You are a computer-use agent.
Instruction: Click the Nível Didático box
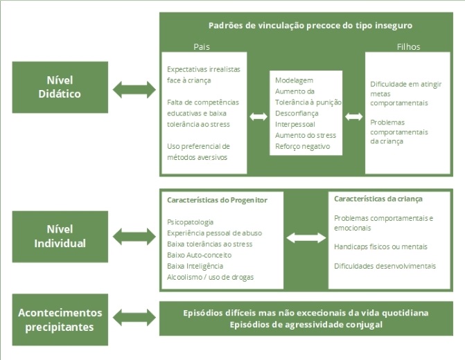[60, 88]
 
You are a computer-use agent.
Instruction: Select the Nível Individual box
[60, 236]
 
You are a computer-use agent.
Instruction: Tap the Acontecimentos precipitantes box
[60, 319]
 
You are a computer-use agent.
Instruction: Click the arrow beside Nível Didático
[134, 89]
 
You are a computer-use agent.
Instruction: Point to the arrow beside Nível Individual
[134, 236]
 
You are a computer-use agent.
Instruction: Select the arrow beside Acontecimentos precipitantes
[134, 319]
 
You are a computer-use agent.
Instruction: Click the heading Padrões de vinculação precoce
[310, 25]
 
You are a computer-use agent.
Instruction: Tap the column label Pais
[202, 47]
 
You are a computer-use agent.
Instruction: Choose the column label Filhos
[408, 47]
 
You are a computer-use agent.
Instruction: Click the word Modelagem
[294, 80]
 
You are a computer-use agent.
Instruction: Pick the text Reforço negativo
[302, 146]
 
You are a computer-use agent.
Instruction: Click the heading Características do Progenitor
[217, 200]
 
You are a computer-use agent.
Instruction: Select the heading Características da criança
[378, 199]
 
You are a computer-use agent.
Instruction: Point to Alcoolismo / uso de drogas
[210, 277]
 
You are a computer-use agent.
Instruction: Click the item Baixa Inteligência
[195, 266]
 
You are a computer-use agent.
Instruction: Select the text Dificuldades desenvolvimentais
[385, 266]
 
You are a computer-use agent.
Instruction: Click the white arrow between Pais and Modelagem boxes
[258, 116]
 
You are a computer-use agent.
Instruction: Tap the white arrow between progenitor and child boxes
[306, 237]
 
